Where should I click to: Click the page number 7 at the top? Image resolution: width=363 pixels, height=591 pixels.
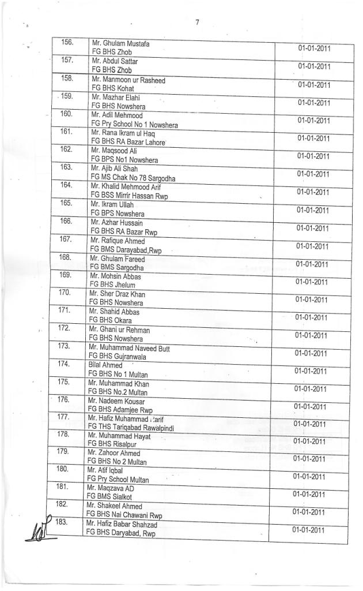(x=197, y=23)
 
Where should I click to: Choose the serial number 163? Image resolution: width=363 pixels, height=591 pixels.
(x=67, y=167)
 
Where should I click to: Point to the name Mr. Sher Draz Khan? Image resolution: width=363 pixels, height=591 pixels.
(x=118, y=294)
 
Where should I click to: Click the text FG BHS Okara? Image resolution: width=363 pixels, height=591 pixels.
(x=110, y=320)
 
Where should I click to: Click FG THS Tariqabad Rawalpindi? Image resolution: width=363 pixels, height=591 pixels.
(x=130, y=427)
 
